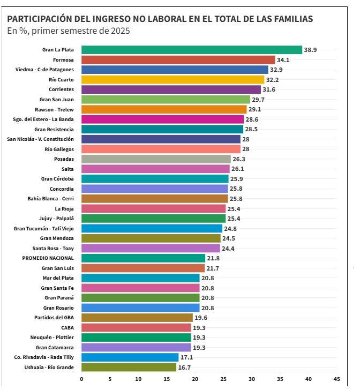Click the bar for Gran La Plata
pyautogui.click(x=192, y=50)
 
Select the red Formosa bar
pyautogui.click(x=178, y=60)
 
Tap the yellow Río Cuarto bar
pyautogui.click(x=172, y=80)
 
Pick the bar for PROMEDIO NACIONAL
pyautogui.click(x=143, y=258)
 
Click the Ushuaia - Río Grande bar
pyautogui.click(x=129, y=367)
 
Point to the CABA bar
pyautogui.click(x=136, y=328)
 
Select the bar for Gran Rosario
pyautogui.click(x=140, y=308)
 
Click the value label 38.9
pyautogui.click(x=311, y=50)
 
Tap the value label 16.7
pyautogui.click(x=185, y=367)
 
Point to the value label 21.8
pyautogui.click(x=213, y=258)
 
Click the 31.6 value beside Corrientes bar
pyautogui.click(x=269, y=89)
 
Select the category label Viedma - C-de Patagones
pyautogui.click(x=44, y=70)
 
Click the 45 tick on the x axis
pyautogui.click(x=336, y=379)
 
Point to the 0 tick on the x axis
pyautogui.click(x=81, y=379)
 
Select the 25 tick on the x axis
pyautogui.click(x=223, y=379)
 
